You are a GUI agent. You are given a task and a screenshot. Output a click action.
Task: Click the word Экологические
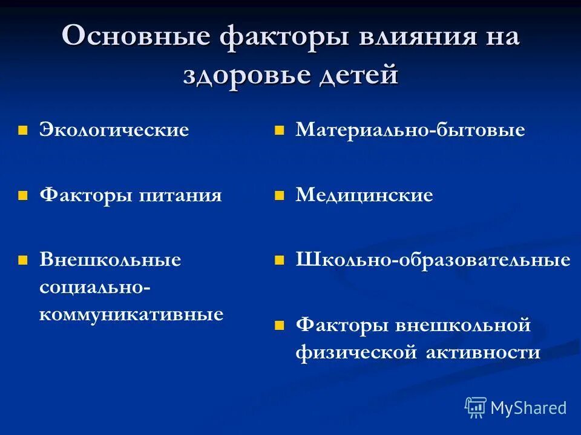[x=114, y=130]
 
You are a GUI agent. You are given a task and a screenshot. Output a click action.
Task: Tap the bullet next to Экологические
[x=23, y=130]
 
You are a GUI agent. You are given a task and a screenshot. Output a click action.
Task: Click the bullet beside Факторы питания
[x=23, y=196]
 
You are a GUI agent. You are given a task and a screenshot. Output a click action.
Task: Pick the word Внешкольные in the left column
[x=110, y=260]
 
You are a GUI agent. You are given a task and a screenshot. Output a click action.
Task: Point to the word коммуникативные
[x=131, y=315]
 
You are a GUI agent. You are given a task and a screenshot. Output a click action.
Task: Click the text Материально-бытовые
[x=410, y=130]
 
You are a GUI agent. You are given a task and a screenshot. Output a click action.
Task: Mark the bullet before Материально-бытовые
[x=279, y=130]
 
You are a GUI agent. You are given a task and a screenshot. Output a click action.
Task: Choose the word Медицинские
[x=364, y=195]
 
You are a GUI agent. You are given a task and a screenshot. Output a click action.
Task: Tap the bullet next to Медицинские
[x=279, y=196]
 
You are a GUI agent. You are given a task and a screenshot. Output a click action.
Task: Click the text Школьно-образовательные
[x=433, y=260]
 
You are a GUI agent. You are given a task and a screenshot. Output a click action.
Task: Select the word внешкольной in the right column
[x=463, y=325]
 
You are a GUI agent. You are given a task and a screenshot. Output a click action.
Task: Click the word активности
[x=478, y=352]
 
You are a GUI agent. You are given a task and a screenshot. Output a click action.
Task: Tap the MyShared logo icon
[x=476, y=408]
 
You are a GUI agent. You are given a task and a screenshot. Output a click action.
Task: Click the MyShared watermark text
[x=528, y=408]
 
